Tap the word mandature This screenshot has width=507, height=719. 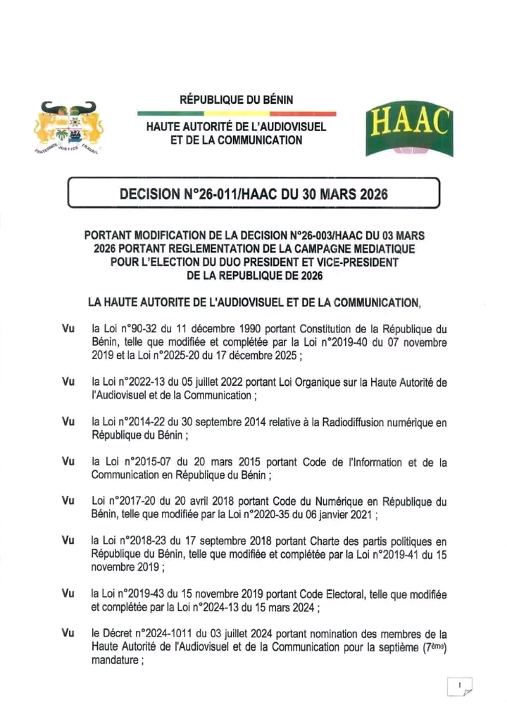(117, 661)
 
